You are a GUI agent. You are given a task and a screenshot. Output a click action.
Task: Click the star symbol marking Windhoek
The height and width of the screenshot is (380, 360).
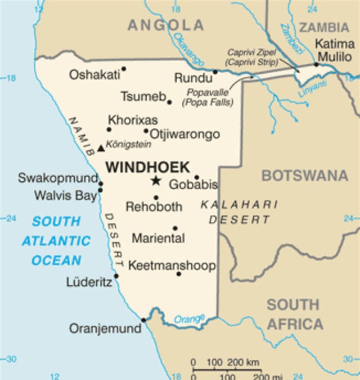tap(155, 181)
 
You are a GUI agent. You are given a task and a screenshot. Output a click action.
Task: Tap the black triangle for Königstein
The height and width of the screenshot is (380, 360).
tap(101, 148)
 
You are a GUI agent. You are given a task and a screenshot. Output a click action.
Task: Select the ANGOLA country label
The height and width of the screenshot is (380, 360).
tap(165, 25)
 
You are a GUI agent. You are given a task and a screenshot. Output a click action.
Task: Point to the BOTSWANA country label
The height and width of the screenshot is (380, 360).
tap(304, 176)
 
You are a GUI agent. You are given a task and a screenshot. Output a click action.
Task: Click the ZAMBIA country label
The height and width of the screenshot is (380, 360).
tap(323, 28)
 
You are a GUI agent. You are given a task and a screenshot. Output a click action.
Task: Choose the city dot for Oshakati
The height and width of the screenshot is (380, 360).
tap(124, 69)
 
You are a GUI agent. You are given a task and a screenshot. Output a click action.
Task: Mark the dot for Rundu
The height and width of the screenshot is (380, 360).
tap(215, 71)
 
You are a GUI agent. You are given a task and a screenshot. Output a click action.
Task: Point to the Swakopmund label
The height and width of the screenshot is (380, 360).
tap(57, 178)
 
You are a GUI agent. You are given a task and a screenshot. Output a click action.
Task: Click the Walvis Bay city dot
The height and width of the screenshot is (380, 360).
tap(100, 190)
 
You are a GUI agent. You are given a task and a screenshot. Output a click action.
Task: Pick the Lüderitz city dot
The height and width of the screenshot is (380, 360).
tap(116, 276)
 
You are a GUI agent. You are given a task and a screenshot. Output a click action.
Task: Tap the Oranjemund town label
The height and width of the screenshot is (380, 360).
tap(104, 328)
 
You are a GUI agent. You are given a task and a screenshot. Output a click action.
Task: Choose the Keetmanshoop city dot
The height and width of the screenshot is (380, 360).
tap(179, 274)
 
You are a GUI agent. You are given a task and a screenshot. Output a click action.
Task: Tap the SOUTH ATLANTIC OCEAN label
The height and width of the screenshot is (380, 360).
tap(56, 240)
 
